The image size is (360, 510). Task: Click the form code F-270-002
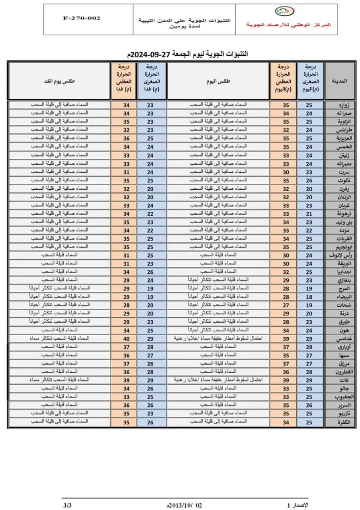82,18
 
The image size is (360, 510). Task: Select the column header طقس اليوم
219,81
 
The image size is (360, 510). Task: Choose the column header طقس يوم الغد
59,81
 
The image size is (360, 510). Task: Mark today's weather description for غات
219,381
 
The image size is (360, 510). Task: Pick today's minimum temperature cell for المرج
310,289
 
